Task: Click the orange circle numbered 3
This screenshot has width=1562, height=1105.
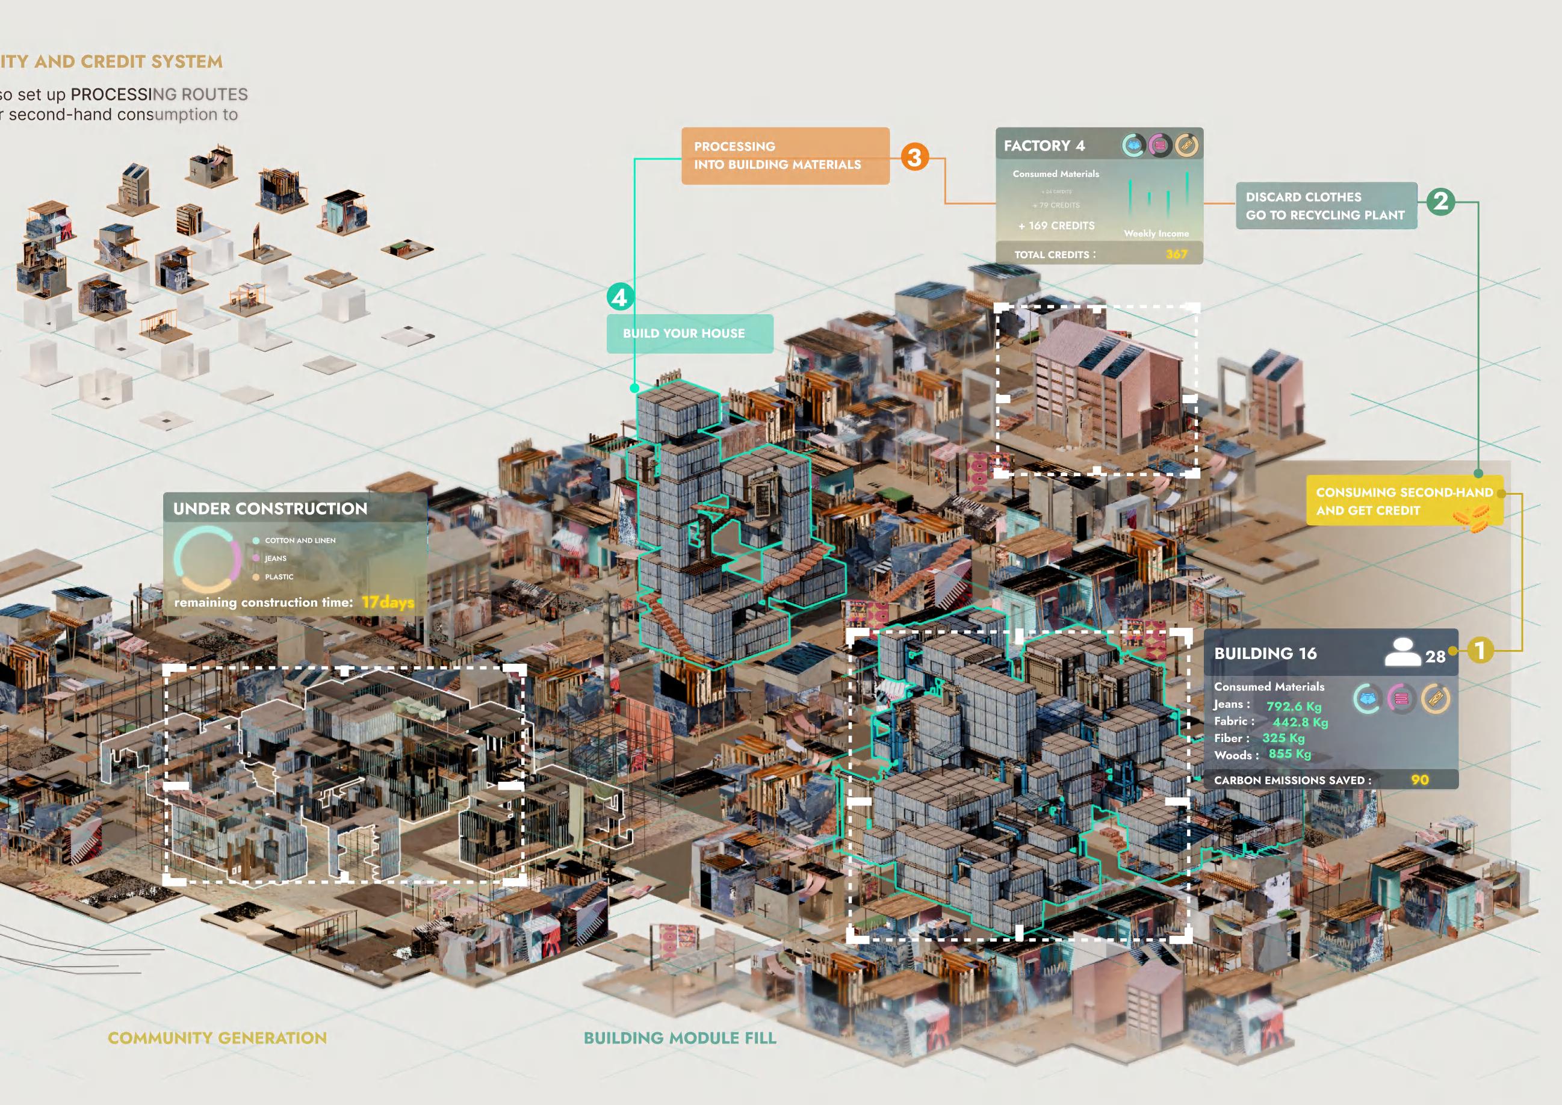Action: pyautogui.click(x=915, y=157)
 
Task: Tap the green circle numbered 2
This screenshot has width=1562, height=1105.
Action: pyautogui.click(x=1441, y=202)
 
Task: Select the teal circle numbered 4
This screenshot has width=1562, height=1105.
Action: pyautogui.click(x=620, y=297)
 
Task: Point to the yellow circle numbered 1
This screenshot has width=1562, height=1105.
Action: pyautogui.click(x=1479, y=650)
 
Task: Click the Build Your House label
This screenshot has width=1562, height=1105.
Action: pyautogui.click(x=684, y=333)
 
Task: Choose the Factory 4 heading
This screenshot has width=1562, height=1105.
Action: pyautogui.click(x=1044, y=146)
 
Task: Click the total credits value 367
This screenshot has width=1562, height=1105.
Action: pyautogui.click(x=1176, y=255)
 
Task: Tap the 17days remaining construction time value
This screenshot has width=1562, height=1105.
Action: pyautogui.click(x=388, y=602)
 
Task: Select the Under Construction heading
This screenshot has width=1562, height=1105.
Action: pyautogui.click(x=270, y=509)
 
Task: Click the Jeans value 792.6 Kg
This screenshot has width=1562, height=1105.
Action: pyautogui.click(x=1294, y=707)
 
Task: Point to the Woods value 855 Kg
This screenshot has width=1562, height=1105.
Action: pyautogui.click(x=1290, y=754)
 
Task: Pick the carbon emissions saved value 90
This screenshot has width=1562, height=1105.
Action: pyautogui.click(x=1420, y=780)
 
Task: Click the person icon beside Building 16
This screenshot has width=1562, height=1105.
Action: pyautogui.click(x=1402, y=652)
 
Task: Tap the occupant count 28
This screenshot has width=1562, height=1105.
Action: pyautogui.click(x=1436, y=657)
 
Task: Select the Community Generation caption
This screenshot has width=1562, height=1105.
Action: pyautogui.click(x=217, y=1038)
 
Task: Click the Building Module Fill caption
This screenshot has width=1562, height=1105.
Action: pyautogui.click(x=680, y=1038)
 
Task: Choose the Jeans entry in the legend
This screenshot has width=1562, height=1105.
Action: pyautogui.click(x=275, y=559)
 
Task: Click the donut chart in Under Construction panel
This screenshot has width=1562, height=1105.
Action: pyautogui.click(x=208, y=560)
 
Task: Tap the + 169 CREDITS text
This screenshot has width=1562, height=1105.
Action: pyautogui.click(x=1056, y=226)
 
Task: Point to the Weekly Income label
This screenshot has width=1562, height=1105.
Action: pyautogui.click(x=1156, y=234)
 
